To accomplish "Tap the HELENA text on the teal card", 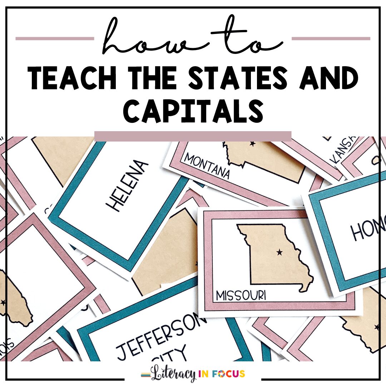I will [x=127, y=186].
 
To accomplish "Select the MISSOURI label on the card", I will [x=241, y=296].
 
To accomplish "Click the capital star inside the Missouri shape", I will [x=279, y=253].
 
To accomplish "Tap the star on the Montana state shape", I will [x=252, y=144].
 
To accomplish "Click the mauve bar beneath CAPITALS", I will [x=193, y=136].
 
